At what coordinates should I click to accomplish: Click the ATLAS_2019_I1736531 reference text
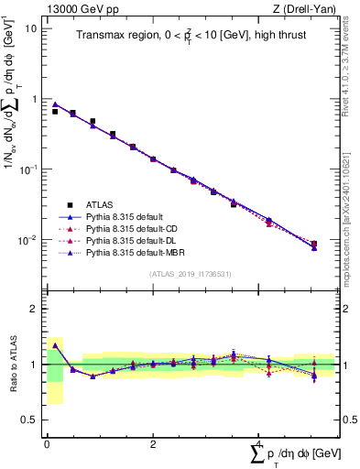[x=191, y=274]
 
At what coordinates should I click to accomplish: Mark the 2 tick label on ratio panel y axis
[x=35, y=309]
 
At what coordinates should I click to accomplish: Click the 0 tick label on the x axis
[x=47, y=442]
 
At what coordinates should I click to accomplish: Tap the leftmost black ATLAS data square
[x=55, y=111]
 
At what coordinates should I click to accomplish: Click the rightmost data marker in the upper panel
[x=314, y=245]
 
